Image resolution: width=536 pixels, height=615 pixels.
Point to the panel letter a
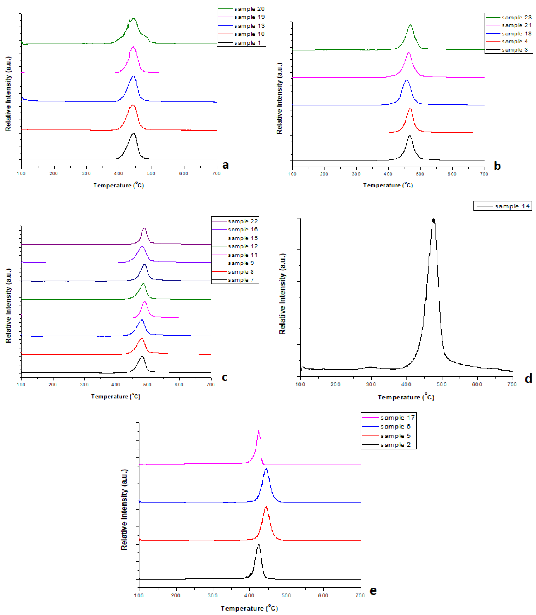pos(225,165)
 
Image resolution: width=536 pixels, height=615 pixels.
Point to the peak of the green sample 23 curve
pos(410,25)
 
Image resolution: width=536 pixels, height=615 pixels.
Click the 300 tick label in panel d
pos(371,384)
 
